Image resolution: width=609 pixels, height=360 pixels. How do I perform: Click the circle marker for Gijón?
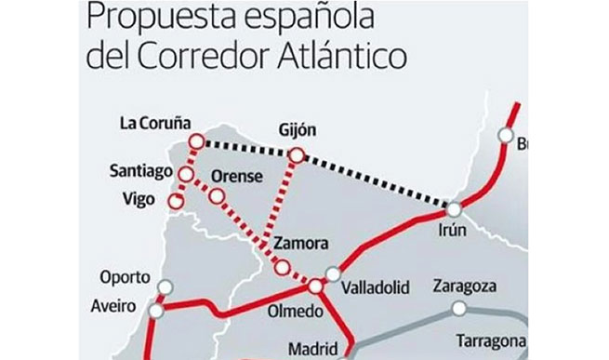(x=297, y=155)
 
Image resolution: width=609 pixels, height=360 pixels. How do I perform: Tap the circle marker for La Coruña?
(x=196, y=140)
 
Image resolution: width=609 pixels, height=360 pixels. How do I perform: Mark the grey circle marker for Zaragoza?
(x=457, y=308)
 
